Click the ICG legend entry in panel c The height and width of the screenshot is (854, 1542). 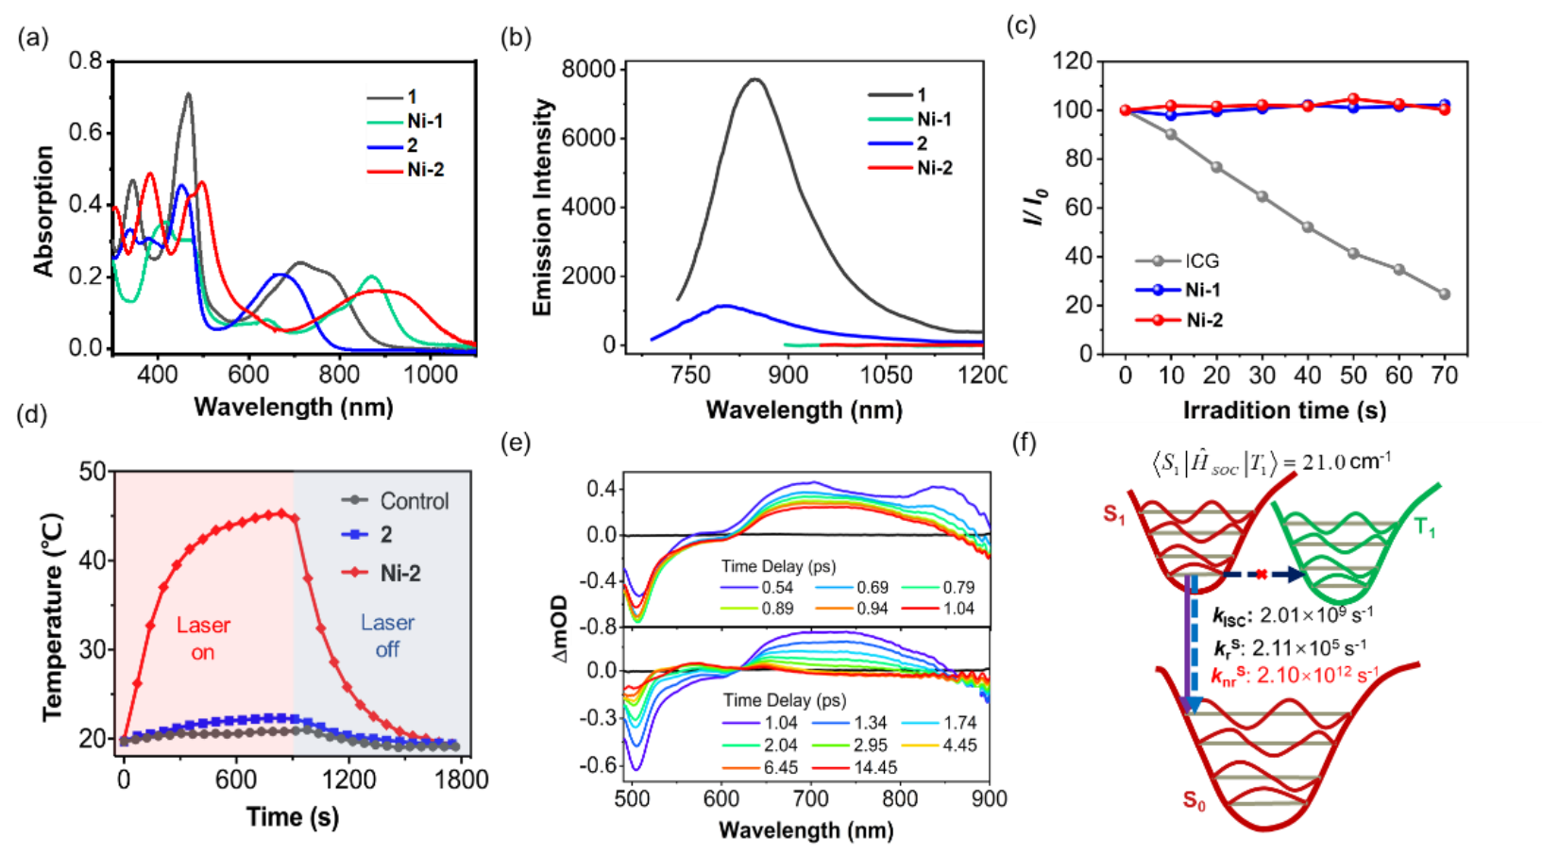(x=1201, y=260)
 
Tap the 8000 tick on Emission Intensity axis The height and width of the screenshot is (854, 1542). (x=587, y=69)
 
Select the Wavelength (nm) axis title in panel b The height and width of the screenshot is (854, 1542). (x=804, y=410)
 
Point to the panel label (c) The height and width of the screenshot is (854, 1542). (x=1021, y=25)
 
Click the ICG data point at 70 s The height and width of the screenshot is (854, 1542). (x=1444, y=294)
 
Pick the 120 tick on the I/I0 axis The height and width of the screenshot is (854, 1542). (x=1072, y=61)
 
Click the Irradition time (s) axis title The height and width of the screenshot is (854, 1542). (x=1284, y=410)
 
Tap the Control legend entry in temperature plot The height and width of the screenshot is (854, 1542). (x=414, y=501)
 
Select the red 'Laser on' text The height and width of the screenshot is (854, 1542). (x=203, y=639)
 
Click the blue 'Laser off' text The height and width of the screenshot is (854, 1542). (x=387, y=636)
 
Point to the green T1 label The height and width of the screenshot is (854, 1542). (x=1425, y=528)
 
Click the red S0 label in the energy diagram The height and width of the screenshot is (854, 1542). (x=1195, y=801)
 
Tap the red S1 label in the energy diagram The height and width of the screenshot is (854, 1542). (x=1114, y=514)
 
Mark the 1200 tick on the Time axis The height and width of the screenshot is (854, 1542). (x=349, y=779)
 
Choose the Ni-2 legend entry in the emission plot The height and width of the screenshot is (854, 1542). (x=934, y=168)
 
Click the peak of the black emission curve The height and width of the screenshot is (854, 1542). (x=754, y=79)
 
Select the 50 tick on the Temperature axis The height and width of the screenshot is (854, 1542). (x=93, y=471)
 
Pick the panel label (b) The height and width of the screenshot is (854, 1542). (x=516, y=37)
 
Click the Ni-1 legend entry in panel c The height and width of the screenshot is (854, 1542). (x=1202, y=290)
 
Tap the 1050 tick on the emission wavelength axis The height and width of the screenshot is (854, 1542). (x=886, y=375)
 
